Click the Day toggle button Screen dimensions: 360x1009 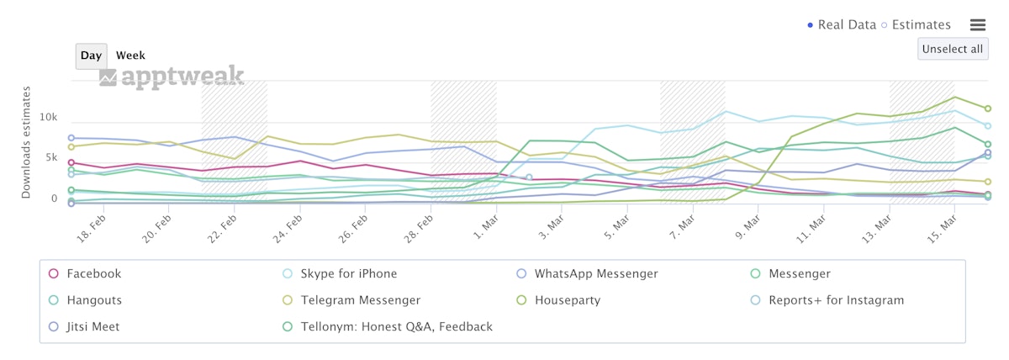[x=91, y=56]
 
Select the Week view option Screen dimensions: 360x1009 [x=130, y=56]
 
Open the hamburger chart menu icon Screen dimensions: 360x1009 [x=978, y=25]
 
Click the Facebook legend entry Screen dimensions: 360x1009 [x=93, y=273]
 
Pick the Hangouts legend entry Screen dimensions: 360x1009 [x=93, y=300]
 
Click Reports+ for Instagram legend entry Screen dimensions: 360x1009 [x=837, y=300]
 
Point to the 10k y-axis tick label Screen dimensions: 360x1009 [x=47, y=117]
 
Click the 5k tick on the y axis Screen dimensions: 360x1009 [x=50, y=158]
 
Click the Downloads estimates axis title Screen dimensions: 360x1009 [x=26, y=142]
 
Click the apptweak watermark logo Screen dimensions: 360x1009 [x=172, y=77]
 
